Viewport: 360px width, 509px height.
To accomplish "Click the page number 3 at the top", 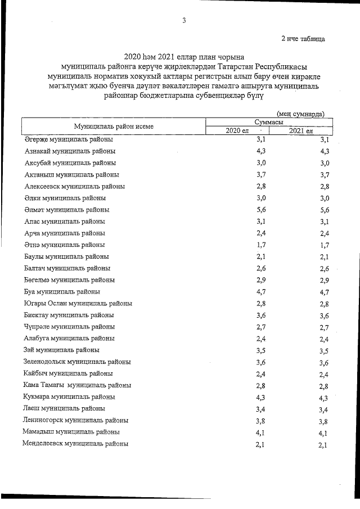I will pyautogui.click(x=184, y=21).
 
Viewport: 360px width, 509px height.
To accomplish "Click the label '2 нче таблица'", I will pyautogui.click(x=303, y=39).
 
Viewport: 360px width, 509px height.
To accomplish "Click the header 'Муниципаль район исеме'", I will pyautogui.click(x=114, y=127).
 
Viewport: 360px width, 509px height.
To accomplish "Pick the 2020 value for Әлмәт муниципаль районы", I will pyautogui.click(x=260, y=209).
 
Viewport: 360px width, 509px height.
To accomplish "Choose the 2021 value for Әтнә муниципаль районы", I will pyautogui.click(x=323, y=245).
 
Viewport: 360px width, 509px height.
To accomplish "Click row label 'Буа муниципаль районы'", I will pyautogui.click(x=62, y=292).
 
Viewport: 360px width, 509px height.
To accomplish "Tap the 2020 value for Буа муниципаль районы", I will pyautogui.click(x=260, y=292).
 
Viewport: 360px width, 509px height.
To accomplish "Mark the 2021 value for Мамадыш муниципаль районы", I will pyautogui.click(x=323, y=433).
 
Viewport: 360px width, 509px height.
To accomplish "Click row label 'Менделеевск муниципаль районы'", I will pyautogui.click(x=75, y=444).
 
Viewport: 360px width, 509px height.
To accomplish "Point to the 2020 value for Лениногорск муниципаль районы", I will pyautogui.click(x=260, y=420).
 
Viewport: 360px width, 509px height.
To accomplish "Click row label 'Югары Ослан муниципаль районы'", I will pyautogui.click(x=78, y=303).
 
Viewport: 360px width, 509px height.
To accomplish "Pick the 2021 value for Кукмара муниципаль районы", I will pyautogui.click(x=323, y=397).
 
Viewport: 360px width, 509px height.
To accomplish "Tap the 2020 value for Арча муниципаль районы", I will pyautogui.click(x=260, y=233).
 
